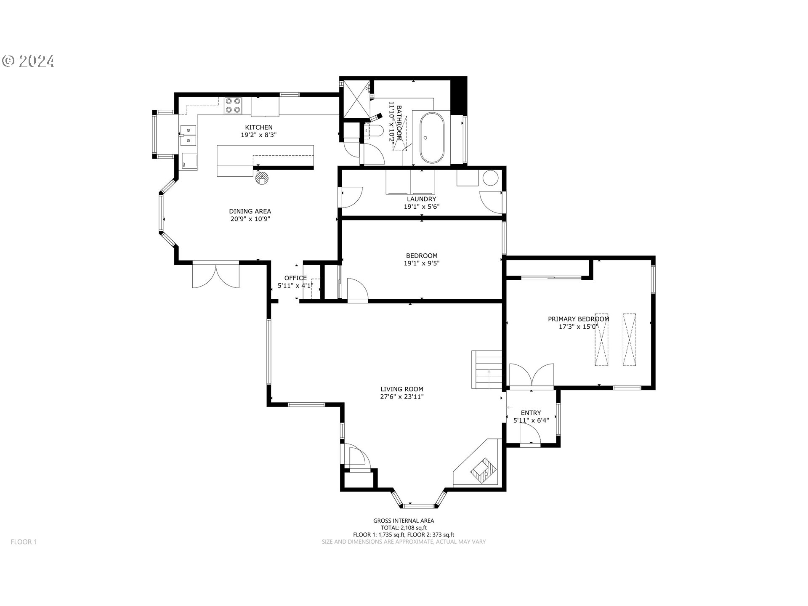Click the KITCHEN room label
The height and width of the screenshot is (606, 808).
click(259, 127)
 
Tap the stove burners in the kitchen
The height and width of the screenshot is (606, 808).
click(233, 105)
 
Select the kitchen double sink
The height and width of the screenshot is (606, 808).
click(188, 136)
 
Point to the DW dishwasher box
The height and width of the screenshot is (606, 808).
click(189, 161)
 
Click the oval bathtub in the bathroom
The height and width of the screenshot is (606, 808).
click(431, 137)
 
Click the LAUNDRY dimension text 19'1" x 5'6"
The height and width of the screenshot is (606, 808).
click(422, 207)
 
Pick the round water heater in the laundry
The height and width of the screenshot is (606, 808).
click(490, 178)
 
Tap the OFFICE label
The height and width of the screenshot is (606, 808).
click(295, 278)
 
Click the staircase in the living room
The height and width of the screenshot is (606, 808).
click(487, 369)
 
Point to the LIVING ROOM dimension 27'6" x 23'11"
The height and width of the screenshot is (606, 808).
click(402, 396)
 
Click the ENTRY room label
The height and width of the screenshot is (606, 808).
click(531, 413)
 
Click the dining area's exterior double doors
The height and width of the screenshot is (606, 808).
click(216, 275)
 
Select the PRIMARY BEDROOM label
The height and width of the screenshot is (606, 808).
click(578, 319)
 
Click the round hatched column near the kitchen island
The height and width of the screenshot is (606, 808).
click(261, 178)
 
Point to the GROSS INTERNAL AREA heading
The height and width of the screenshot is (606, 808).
click(404, 521)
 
